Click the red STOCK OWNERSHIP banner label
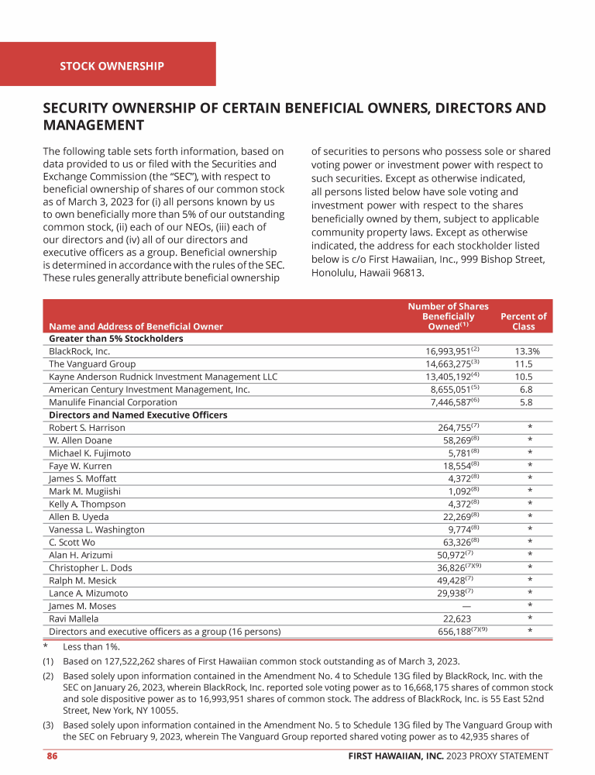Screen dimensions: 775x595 pyautogui.click(x=112, y=66)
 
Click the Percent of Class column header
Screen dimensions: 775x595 pyautogui.click(x=523, y=322)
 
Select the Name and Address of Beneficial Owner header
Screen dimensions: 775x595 pyautogui.click(x=136, y=327)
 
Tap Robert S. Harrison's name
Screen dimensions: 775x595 pyautogui.click(x=87, y=428)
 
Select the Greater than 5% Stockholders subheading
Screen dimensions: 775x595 pyautogui.click(x=115, y=339)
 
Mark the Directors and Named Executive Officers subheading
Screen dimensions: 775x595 pyautogui.click(x=138, y=415)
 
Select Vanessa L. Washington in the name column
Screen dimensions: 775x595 pyautogui.click(x=96, y=530)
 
